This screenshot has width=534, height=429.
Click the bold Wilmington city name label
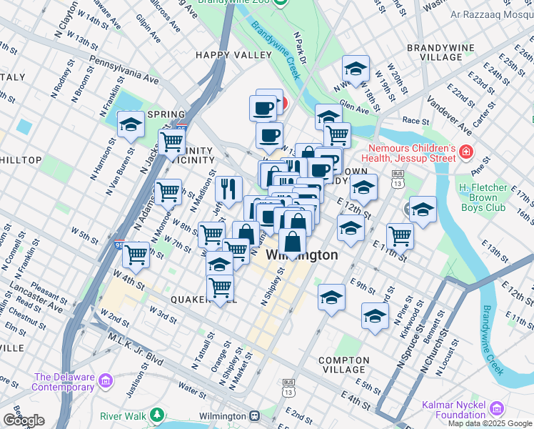click(x=302, y=255)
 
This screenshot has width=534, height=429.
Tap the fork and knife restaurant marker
click(x=228, y=189)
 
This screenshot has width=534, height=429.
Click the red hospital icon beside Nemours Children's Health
click(x=466, y=152)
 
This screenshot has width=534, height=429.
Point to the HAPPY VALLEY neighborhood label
click(x=233, y=55)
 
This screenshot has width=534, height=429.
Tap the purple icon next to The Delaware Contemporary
click(x=106, y=378)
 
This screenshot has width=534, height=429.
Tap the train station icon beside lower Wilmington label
click(x=253, y=416)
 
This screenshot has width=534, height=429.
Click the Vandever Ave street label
click(x=450, y=118)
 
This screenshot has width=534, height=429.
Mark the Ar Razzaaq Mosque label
click(x=491, y=14)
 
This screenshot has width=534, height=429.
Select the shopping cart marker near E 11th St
click(x=400, y=236)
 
